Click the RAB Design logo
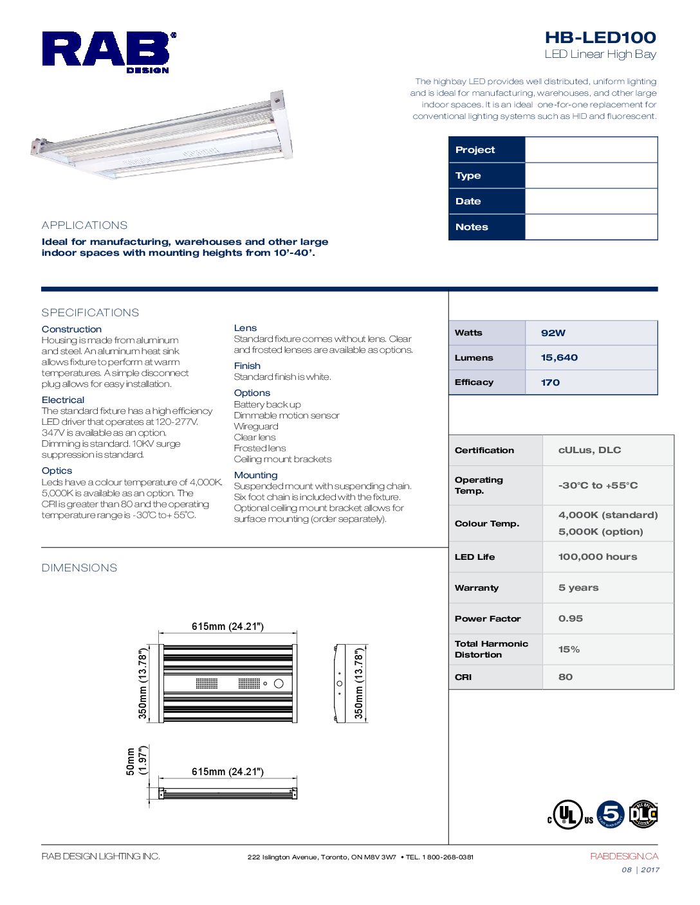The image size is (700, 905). (x=108, y=51)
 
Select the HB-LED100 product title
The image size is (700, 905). (x=600, y=38)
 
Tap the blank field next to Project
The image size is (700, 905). (x=591, y=150)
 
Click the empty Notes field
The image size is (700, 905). (x=591, y=227)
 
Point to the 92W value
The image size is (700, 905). (x=553, y=333)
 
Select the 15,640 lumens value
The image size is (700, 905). (x=559, y=357)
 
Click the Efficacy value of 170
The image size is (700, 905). (x=550, y=382)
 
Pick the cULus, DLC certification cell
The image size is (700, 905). (x=589, y=450)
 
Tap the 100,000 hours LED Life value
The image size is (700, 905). (x=598, y=557)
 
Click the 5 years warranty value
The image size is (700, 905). (x=578, y=587)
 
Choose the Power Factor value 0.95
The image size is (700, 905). (x=571, y=618)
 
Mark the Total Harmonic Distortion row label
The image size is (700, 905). (x=491, y=649)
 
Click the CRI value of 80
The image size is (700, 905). (x=566, y=677)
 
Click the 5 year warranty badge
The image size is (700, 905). (x=611, y=814)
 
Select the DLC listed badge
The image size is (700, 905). (x=643, y=814)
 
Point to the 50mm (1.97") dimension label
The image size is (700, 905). (x=136, y=760)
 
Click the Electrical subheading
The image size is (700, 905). (x=63, y=400)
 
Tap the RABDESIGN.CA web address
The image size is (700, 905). (x=624, y=856)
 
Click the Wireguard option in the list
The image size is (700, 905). (x=256, y=426)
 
